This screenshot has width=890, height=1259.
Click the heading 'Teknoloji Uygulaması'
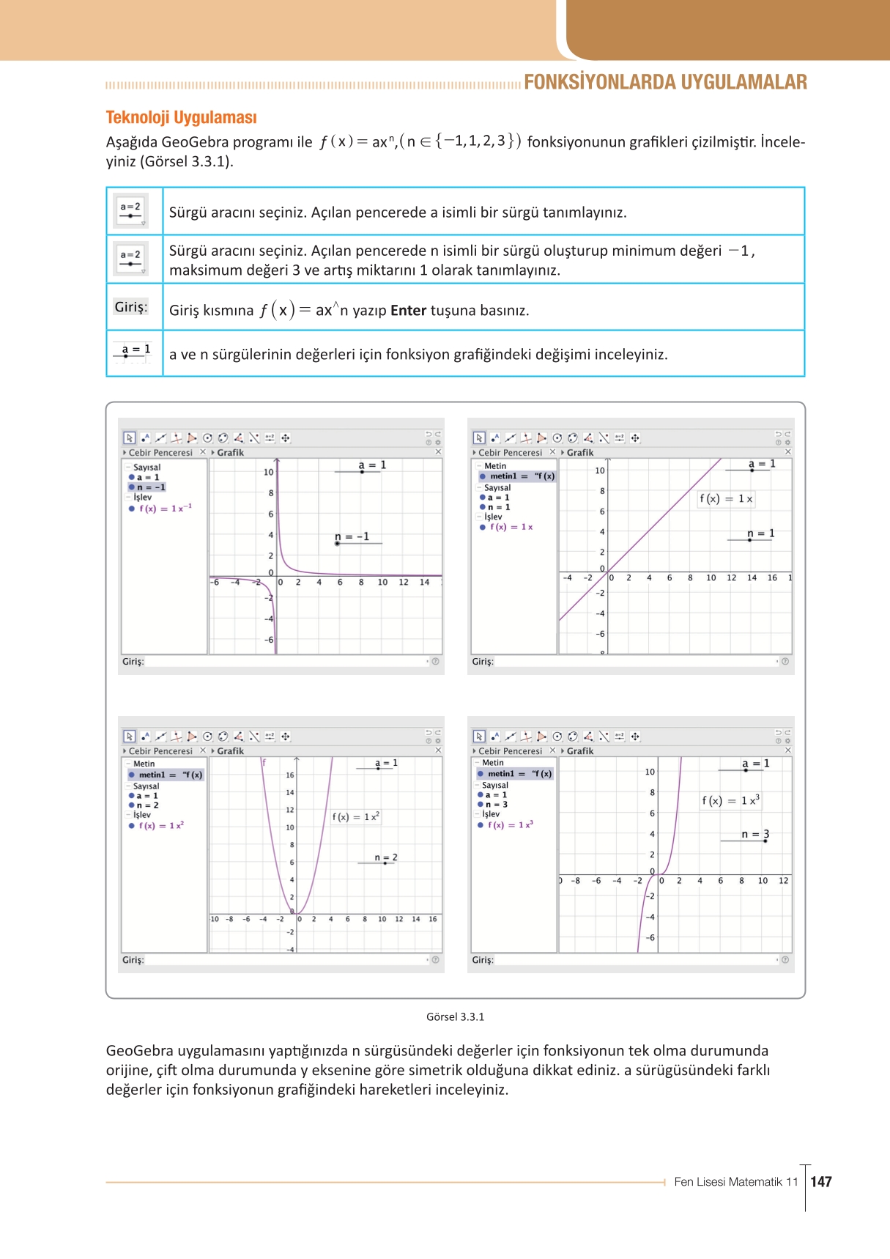(181, 117)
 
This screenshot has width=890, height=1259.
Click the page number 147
(821, 1181)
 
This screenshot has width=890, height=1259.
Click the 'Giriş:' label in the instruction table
(131, 307)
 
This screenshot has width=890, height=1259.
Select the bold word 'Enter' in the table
(408, 311)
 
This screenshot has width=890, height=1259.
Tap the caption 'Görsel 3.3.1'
(455, 1016)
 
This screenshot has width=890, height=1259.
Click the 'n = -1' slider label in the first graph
(352, 536)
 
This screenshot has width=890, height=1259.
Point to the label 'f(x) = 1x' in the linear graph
(725, 499)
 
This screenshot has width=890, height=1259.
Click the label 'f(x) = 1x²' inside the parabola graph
(355, 816)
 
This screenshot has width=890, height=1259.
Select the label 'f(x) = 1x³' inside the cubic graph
(730, 800)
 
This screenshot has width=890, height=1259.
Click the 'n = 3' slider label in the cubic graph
(754, 834)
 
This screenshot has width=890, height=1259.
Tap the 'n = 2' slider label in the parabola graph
(385, 857)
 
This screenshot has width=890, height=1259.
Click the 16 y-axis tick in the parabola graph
(290, 775)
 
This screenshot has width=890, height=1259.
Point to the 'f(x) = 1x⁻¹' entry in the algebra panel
(165, 508)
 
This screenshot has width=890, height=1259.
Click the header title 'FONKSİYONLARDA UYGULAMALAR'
(665, 82)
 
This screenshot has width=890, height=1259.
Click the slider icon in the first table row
(131, 211)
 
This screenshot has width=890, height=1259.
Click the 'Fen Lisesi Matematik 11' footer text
(735, 1181)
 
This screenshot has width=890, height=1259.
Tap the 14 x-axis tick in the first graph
(424, 583)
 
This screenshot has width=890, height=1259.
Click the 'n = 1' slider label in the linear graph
(760, 533)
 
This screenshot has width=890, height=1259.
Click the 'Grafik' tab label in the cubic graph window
(579, 750)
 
